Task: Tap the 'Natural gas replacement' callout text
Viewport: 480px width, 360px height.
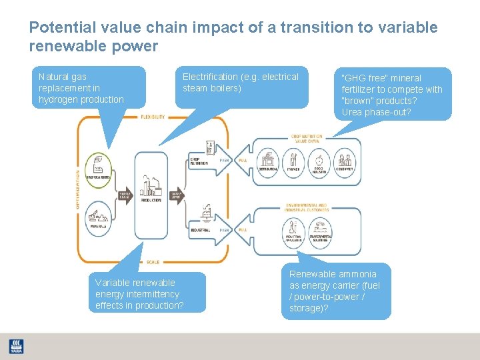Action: click(x=81, y=88)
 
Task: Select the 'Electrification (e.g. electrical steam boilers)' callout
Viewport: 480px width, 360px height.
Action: click(x=241, y=83)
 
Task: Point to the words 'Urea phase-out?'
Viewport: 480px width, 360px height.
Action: click(x=376, y=112)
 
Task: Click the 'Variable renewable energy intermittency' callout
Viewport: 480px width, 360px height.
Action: click(x=139, y=294)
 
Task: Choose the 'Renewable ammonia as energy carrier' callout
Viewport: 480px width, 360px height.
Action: click(x=335, y=291)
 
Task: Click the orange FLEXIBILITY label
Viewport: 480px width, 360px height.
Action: click(x=153, y=117)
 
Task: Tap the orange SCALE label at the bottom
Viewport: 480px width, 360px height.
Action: click(x=153, y=261)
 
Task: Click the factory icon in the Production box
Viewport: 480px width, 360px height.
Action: click(x=151, y=183)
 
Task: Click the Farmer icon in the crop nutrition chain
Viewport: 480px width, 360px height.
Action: click(x=293, y=160)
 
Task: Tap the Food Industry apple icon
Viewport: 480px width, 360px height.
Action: click(x=319, y=160)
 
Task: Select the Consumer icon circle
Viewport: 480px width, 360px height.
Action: click(x=345, y=160)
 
